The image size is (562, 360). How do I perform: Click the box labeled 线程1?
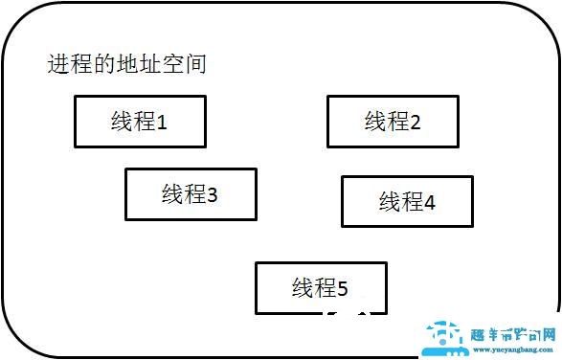pyautogui.click(x=140, y=122)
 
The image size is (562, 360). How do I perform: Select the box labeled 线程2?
pyautogui.click(x=393, y=122)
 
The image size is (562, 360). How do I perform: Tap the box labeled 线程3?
pyautogui.click(x=191, y=194)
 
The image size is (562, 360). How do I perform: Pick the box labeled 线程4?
pyautogui.click(x=407, y=201)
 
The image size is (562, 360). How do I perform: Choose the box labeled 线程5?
pyautogui.click(x=321, y=287)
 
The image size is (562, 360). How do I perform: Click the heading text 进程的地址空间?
pyautogui.click(x=127, y=65)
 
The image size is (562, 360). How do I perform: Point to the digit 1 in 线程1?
pyautogui.click(x=162, y=123)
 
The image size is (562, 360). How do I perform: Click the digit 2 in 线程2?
pyautogui.click(x=415, y=122)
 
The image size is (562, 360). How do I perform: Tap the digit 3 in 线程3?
pyautogui.click(x=213, y=195)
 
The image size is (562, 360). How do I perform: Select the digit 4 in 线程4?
pyautogui.click(x=429, y=202)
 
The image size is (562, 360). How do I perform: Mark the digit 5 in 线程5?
pyautogui.click(x=343, y=288)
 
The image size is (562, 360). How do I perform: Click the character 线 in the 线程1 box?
pyautogui.click(x=122, y=122)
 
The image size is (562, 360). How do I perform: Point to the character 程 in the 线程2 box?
pyautogui.click(x=397, y=122)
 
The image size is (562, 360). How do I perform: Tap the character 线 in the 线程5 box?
pyautogui.click(x=303, y=287)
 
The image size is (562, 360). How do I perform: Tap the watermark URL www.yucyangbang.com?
pyautogui.click(x=514, y=349)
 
